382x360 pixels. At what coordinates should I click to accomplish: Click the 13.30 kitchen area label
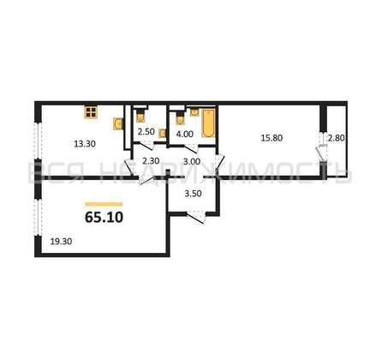coord(85,144)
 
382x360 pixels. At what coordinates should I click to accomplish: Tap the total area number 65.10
coord(104,218)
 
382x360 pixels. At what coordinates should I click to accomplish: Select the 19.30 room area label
coord(61,242)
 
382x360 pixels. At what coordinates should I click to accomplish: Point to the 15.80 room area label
coord(272,138)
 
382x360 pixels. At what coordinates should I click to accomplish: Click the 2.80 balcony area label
coord(336,138)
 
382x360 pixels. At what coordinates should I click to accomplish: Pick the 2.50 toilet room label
coord(146,132)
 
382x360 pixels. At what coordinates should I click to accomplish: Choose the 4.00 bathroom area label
coord(185,134)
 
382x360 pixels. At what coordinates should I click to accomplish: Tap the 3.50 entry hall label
coord(193,194)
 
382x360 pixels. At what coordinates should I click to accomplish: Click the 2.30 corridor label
coord(151,161)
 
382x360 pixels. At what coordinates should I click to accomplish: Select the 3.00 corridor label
coord(192,161)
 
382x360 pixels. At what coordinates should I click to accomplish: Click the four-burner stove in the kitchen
coord(92,112)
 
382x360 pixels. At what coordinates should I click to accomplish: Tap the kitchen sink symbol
coord(118,123)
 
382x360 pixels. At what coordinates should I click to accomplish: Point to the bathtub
coord(208,123)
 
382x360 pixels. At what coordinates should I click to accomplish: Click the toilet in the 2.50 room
coord(140,116)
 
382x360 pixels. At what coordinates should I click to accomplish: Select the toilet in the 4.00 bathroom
coord(180,117)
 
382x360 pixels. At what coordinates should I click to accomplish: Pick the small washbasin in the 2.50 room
coord(163,133)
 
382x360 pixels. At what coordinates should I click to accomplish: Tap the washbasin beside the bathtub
coord(194,112)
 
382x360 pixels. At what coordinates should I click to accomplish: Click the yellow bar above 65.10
coord(104,204)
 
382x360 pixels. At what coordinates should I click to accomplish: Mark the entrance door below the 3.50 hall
coord(196,217)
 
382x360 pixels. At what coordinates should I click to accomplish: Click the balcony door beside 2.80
coord(322,150)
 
